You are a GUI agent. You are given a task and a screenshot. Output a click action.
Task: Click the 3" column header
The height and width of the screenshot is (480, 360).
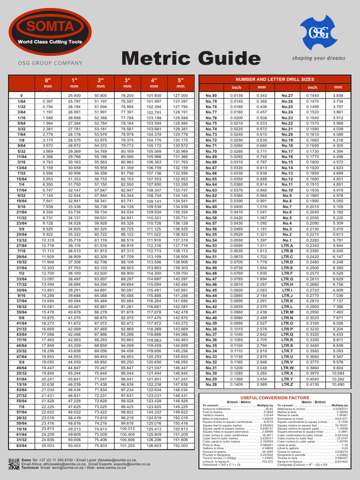[127, 80]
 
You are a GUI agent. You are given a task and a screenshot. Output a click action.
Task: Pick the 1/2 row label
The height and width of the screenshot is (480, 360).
[22, 273]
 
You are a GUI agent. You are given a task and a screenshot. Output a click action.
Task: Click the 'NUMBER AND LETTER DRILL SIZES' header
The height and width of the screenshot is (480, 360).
[275, 80]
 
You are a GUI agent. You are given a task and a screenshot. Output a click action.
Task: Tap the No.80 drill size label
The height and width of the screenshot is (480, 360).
[211, 96]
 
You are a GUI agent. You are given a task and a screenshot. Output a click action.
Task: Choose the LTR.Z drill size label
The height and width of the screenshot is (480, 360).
[287, 384]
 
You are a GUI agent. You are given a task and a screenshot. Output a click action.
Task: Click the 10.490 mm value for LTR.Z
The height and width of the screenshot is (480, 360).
[337, 384]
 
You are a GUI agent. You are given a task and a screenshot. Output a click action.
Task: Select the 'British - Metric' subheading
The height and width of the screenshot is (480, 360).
[238, 402]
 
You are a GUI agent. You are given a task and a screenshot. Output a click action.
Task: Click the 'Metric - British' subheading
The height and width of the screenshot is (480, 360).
[313, 402]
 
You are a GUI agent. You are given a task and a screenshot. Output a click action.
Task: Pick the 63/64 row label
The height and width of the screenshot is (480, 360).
[22, 446]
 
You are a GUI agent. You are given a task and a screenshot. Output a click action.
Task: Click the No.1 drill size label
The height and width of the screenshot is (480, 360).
[287, 240]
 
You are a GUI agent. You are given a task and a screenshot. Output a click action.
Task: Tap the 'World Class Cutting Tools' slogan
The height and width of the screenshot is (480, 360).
[50, 42]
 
